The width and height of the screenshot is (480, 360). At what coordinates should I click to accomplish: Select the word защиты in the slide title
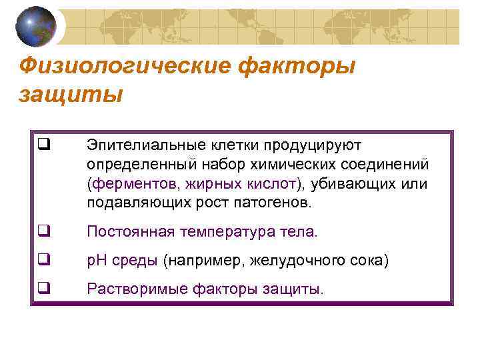coord(71,94)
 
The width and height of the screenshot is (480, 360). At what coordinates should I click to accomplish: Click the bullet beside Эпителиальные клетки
coord(45,141)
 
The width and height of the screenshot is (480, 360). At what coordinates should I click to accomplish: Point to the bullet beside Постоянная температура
coord(45,231)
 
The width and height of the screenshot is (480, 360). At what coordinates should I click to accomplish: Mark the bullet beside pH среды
coord(45,260)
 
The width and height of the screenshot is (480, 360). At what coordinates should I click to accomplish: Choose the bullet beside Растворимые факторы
coord(45,289)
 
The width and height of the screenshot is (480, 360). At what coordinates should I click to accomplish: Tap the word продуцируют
coord(319,145)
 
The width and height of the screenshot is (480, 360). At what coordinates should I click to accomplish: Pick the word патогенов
coord(271,201)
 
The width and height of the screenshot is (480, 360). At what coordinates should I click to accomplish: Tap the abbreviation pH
coord(96,260)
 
